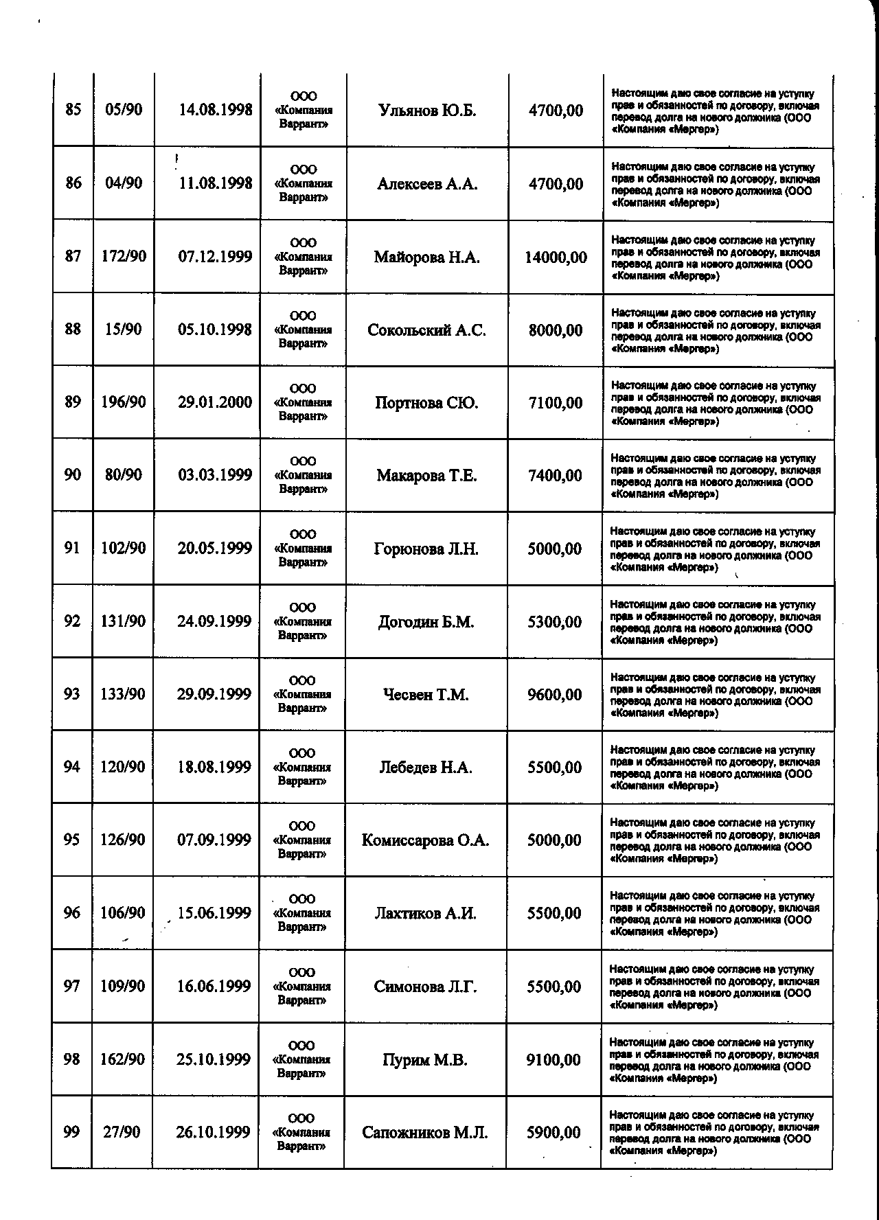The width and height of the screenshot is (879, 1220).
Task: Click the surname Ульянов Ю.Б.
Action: click(x=427, y=111)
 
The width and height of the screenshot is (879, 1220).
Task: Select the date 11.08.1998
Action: click(x=215, y=183)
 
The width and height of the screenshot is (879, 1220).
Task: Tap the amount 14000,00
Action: click(x=556, y=257)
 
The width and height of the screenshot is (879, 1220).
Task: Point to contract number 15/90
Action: click(x=124, y=330)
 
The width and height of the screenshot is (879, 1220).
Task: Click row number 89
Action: click(x=73, y=402)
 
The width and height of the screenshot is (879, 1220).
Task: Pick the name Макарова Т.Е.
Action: click(x=426, y=476)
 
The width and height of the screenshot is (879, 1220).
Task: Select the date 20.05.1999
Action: click(x=214, y=549)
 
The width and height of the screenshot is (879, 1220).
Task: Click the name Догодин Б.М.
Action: click(x=426, y=622)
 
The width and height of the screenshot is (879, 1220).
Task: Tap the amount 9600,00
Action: click(x=554, y=695)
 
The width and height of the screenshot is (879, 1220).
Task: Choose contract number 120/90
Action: click(x=123, y=767)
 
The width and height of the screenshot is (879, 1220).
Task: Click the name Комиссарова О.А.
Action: click(x=425, y=840)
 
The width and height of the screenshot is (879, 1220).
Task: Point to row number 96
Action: click(x=71, y=913)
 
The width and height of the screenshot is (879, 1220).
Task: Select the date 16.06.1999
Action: click(x=214, y=987)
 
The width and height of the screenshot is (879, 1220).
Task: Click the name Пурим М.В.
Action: click(x=425, y=1060)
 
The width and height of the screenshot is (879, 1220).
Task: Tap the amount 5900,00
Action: click(x=553, y=1133)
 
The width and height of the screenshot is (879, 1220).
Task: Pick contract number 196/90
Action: click(x=124, y=402)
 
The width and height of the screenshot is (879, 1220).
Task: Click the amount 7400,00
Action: click(x=555, y=476)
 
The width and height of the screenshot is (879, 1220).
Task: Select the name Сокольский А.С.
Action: click(x=426, y=330)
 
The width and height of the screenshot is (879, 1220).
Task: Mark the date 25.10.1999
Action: click(x=214, y=1060)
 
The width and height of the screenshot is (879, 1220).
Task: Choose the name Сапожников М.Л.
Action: click(x=425, y=1133)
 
